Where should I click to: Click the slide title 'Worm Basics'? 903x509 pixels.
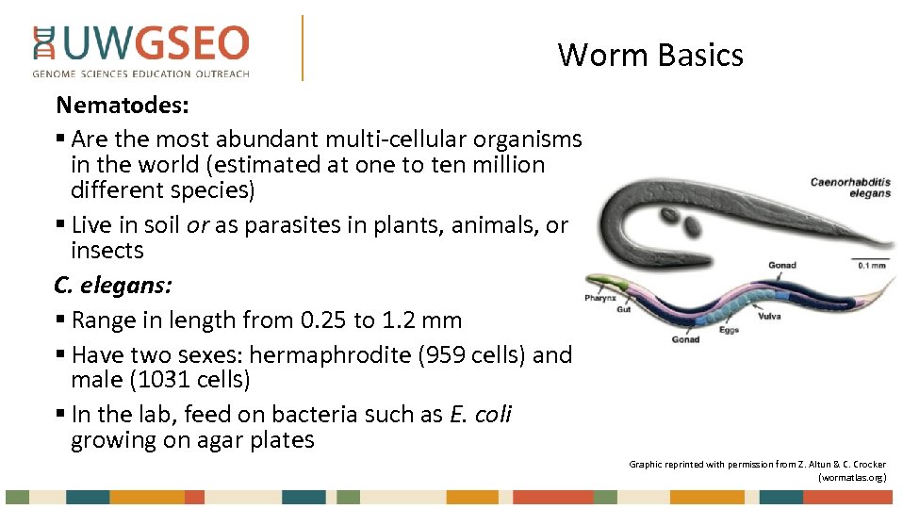pyautogui.click(x=649, y=55)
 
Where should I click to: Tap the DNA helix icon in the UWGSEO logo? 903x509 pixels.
pyautogui.click(x=43, y=44)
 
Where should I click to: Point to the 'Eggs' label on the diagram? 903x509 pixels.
pyautogui.click(x=729, y=331)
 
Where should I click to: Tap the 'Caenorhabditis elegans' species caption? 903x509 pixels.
pyautogui.click(x=849, y=187)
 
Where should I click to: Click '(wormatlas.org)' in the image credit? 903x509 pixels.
pyautogui.click(x=852, y=477)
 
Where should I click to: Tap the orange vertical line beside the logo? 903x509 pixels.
pyautogui.click(x=303, y=47)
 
